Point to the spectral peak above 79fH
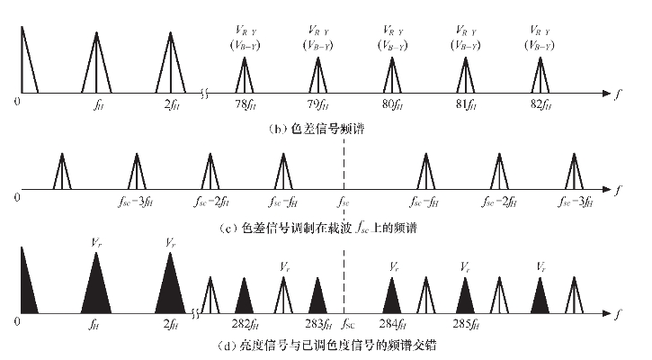317,75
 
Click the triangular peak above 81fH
466,75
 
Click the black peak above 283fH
317,297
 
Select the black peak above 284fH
391,297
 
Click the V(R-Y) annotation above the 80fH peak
392,35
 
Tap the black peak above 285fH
465,297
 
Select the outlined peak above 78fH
243,75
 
